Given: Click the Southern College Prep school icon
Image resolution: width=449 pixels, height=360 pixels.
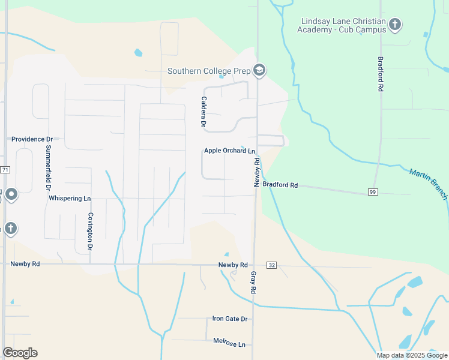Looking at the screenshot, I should tap(259, 71).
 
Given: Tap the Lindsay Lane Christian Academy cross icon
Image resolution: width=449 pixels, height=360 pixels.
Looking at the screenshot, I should tap(395, 25).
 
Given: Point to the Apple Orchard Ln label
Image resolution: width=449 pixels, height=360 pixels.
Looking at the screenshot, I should tap(229, 151).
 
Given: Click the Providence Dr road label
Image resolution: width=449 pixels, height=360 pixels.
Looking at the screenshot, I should tap(32, 139).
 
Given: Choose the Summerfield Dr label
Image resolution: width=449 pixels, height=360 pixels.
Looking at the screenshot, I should tap(49, 167).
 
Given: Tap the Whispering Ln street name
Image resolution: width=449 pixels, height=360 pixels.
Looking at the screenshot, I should tap(70, 198).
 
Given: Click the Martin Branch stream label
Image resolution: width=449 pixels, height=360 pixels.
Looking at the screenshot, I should tap(429, 184).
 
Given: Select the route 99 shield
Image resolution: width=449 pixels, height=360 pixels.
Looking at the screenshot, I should tap(373, 192).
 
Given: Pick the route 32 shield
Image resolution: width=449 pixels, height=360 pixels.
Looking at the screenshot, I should tap(271, 265).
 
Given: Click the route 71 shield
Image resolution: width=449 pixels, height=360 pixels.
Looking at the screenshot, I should tap(5, 170).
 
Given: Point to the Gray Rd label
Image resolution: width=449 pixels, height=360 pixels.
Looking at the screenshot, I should tap(253, 282).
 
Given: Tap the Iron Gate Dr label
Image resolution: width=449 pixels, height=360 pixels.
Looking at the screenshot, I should tap(230, 319).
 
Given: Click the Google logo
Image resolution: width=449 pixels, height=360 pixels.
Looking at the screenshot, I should tap(20, 353).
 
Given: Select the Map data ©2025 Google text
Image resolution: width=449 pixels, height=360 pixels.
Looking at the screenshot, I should tap(412, 355).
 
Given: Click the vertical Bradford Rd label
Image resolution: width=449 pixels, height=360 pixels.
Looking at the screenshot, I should tap(380, 74).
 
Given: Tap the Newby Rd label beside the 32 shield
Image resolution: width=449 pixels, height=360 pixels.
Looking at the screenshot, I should tap(233, 265).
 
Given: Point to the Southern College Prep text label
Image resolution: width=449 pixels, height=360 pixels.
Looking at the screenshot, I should tap(208, 71).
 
